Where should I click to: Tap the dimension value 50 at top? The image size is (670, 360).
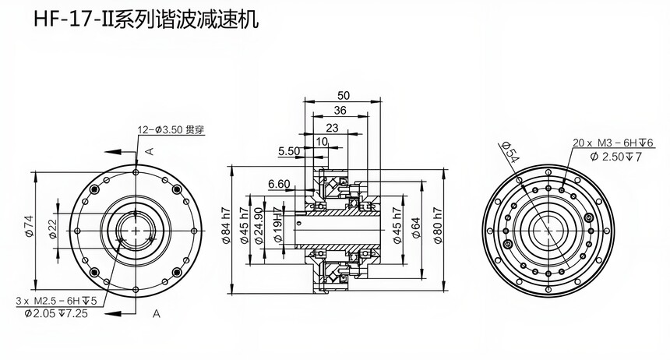[344, 95]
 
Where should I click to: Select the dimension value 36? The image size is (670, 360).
[340, 110]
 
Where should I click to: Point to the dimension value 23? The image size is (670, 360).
[332, 127]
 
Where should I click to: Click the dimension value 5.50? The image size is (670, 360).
[287, 151]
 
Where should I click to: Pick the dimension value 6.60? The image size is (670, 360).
[278, 185]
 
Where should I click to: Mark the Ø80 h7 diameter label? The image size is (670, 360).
[437, 227]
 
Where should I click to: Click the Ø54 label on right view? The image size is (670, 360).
[511, 153]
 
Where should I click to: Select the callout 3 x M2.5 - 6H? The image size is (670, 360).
[55, 300]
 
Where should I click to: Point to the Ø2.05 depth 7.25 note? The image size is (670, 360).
[55, 312]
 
